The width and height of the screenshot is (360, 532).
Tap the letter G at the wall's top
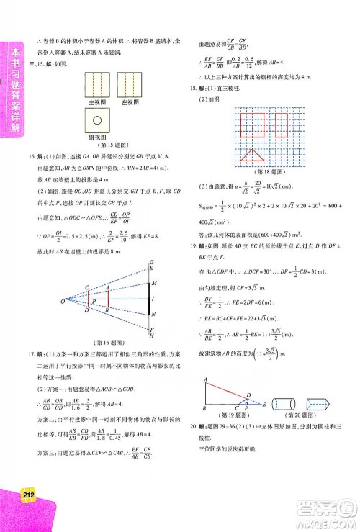(x=151, y=261)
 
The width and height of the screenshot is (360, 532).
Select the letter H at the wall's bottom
(x=151, y=335)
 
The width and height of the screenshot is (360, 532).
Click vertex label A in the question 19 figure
(x=206, y=379)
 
